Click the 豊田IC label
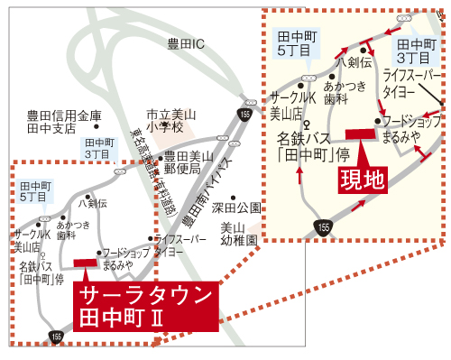187,43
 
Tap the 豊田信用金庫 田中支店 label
64,121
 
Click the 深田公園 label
235,207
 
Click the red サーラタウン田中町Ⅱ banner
144,307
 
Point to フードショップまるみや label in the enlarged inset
409,129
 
